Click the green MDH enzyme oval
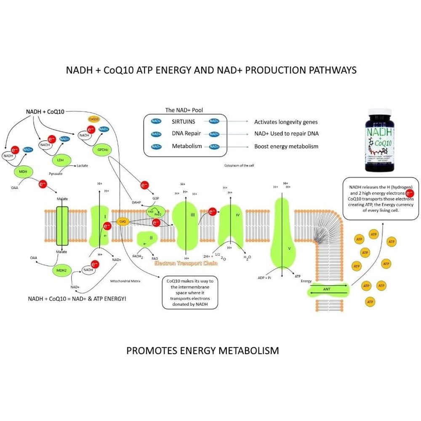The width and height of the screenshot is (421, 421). click(x=23, y=172)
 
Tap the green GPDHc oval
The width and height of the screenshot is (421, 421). click(x=101, y=149)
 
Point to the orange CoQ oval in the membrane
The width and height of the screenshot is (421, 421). click(x=123, y=221)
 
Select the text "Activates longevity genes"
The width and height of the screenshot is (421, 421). click(x=285, y=122)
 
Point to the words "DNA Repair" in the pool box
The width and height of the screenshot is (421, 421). click(x=186, y=134)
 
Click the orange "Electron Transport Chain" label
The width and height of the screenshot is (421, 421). click(x=186, y=264)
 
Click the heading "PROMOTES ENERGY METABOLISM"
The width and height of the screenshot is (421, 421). click(x=203, y=350)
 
